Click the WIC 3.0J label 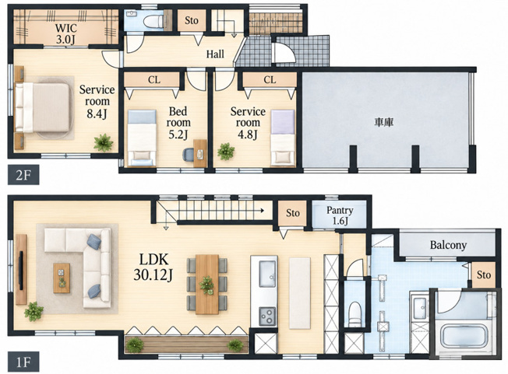[65, 33]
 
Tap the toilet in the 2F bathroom [153, 22]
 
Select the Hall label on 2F [215, 54]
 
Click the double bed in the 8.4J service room [42, 107]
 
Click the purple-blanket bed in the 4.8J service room [283, 138]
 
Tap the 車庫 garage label [384, 122]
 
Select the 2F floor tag [23, 175]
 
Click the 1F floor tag [23, 362]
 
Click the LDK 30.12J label [153, 267]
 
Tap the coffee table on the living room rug [62, 278]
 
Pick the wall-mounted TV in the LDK [21, 270]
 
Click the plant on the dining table [206, 285]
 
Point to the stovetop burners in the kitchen [267, 316]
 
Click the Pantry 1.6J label [340, 215]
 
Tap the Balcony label [448, 245]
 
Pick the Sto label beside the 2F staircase [192, 20]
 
